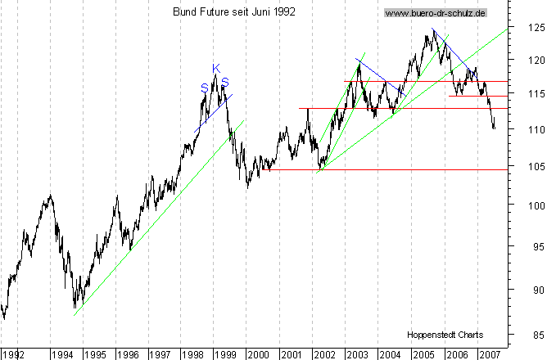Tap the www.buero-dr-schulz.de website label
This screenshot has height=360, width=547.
pos(436,13)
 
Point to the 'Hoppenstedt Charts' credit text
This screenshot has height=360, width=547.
pos(445,335)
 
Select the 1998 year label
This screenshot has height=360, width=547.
pos(192,354)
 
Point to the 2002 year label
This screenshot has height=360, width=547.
pos(324,354)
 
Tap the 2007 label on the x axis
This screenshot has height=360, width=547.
pos(489,354)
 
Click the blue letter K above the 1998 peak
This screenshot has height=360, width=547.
pos(216,68)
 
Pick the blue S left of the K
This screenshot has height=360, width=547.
pos(204,88)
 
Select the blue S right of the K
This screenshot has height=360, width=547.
pos(224,82)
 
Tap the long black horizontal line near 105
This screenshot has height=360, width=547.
pos(385,169)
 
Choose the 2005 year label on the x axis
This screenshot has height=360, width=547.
pos(423,354)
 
